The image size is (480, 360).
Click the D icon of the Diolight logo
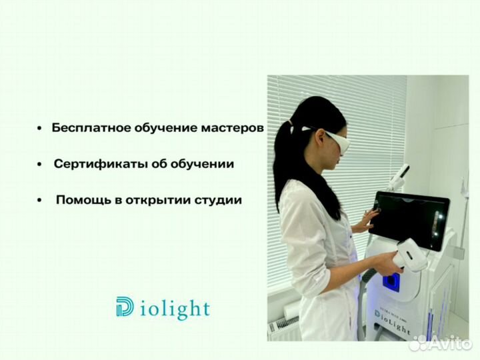124,308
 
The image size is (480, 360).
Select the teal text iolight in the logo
175,309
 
